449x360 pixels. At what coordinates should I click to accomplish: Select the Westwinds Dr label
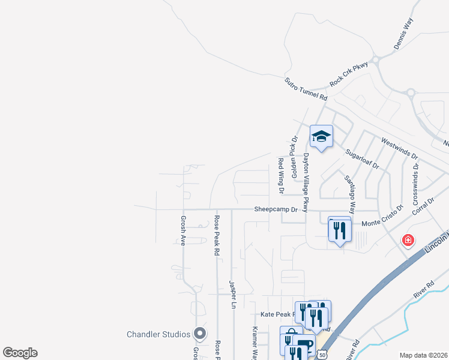click(x=399, y=151)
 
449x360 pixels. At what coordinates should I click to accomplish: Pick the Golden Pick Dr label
click(x=294, y=152)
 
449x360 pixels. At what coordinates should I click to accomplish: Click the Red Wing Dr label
click(x=280, y=176)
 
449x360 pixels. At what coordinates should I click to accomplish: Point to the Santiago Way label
click(x=349, y=194)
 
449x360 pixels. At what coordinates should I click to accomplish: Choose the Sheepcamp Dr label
click(x=276, y=209)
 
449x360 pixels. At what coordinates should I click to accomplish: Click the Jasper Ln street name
click(x=232, y=293)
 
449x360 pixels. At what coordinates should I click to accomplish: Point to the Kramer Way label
click(x=255, y=342)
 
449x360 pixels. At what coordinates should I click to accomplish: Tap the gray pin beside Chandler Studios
click(x=200, y=333)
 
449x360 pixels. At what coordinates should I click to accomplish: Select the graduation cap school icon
click(x=321, y=137)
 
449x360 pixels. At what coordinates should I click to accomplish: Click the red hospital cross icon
click(x=408, y=241)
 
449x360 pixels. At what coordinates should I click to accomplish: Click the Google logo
click(x=20, y=352)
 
